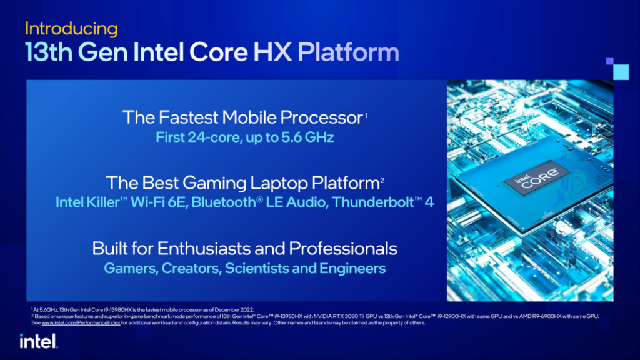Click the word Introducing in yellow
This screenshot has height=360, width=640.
(71, 29)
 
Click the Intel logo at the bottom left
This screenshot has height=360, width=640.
(39, 341)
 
